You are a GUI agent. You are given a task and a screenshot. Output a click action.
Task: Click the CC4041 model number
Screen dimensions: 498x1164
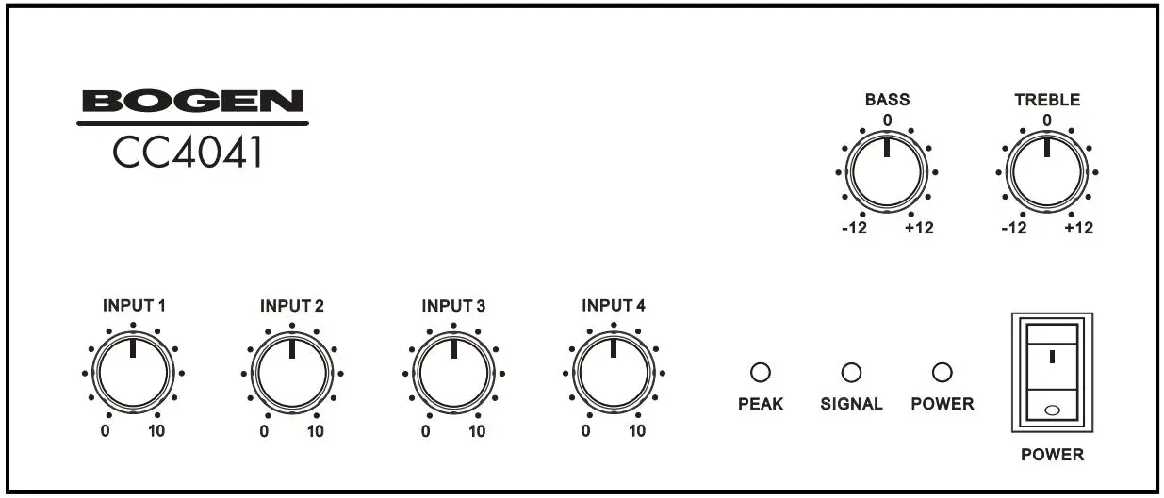click(x=188, y=153)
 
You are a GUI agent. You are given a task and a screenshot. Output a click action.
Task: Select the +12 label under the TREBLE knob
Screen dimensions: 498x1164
click(x=1079, y=229)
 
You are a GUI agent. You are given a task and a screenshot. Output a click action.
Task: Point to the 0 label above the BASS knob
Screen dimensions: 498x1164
click(x=887, y=120)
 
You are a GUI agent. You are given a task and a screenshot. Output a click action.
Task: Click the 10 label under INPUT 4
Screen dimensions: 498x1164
click(x=638, y=432)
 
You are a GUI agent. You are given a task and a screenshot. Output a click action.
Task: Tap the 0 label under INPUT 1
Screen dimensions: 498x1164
click(x=105, y=432)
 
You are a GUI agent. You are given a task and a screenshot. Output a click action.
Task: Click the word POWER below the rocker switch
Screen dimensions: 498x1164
click(x=1052, y=455)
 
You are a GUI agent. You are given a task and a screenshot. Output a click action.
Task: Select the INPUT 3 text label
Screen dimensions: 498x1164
click(x=453, y=306)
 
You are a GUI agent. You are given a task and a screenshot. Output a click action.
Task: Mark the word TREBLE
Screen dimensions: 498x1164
click(x=1046, y=99)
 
